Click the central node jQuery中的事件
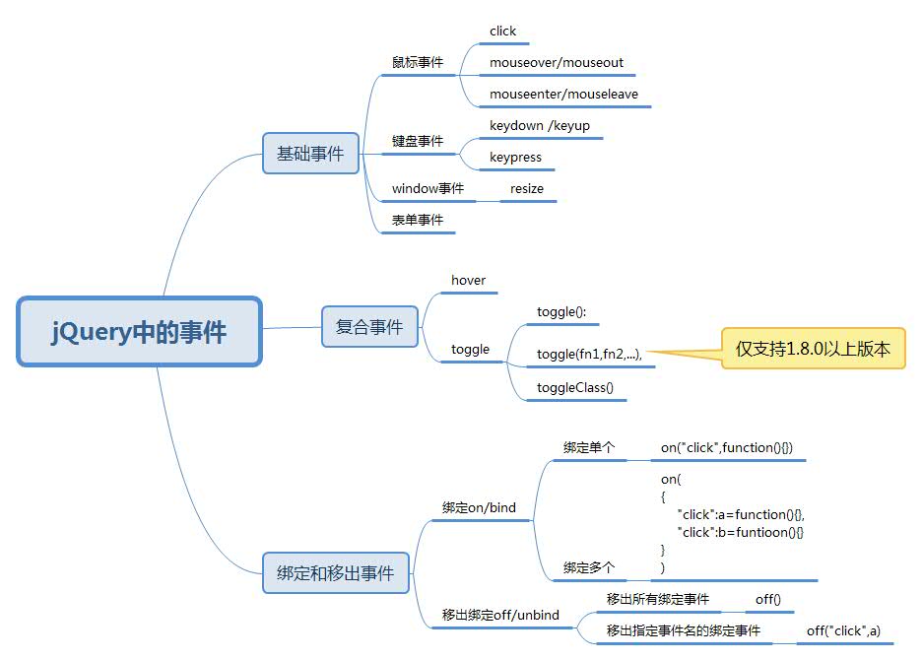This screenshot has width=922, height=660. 139,332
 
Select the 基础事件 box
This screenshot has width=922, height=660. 310,154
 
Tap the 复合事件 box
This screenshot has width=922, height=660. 369,327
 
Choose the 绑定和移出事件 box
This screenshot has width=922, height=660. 335,572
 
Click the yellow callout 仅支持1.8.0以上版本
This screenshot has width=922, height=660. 813,349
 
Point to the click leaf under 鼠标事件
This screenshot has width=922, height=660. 502,32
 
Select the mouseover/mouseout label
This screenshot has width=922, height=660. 557,63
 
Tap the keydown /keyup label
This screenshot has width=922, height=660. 539,126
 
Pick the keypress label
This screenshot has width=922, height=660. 515,158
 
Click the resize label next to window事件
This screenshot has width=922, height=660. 527,189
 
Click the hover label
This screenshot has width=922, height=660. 468,281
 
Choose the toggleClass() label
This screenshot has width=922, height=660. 574,388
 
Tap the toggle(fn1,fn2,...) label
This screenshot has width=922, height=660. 589,355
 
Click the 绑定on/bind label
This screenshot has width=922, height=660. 479,508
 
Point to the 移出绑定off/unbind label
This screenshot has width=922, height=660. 500,616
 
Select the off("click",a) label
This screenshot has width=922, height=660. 843,630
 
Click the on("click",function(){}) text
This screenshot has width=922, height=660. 734,448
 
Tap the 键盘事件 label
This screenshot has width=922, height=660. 418,142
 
